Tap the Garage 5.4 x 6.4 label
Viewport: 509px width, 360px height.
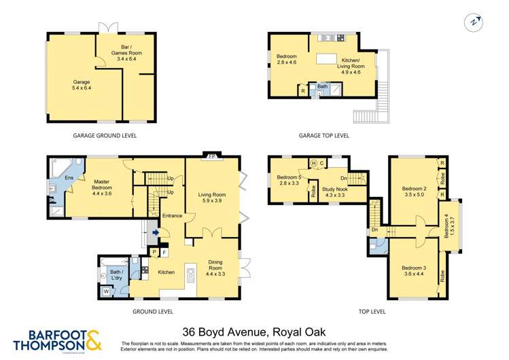click(82, 85)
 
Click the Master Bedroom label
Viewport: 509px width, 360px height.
click(101, 185)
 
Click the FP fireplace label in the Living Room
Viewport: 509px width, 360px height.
click(211, 156)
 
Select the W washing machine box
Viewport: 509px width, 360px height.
click(106, 292)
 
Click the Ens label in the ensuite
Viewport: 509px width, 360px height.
click(59, 178)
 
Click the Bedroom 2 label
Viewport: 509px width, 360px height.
click(414, 192)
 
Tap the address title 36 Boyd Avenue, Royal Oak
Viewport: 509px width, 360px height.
click(254, 332)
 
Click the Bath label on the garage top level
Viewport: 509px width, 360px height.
click(322, 86)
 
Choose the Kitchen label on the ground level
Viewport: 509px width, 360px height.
click(166, 272)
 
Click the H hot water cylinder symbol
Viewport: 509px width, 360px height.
click(314, 163)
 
